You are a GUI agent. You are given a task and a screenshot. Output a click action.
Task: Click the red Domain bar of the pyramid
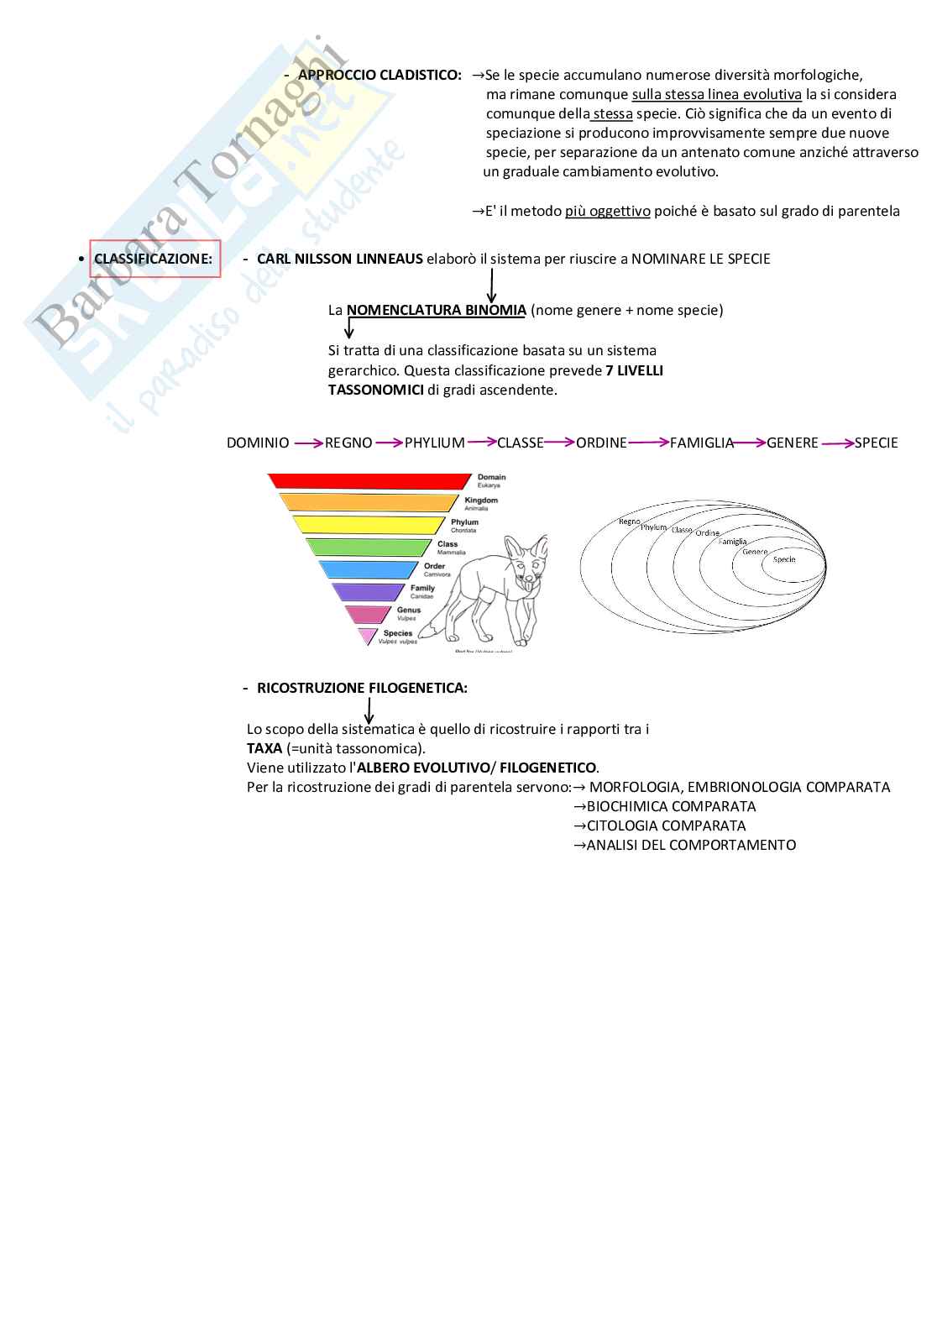pos(369,481)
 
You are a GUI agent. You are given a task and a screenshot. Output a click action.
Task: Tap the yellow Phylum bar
pos(369,526)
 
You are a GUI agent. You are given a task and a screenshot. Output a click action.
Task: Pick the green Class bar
pos(369,548)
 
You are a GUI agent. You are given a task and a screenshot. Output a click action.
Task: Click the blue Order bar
pos(369,569)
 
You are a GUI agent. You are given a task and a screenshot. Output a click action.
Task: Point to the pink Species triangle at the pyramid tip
pos(367,635)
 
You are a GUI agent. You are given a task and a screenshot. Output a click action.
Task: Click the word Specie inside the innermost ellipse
pos(784,559)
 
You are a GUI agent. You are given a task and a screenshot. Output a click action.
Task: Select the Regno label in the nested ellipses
pos(629,521)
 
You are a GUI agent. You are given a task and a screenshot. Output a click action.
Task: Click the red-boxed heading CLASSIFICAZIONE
pos(154,259)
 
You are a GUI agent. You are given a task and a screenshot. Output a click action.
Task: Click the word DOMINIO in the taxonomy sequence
pos(258,443)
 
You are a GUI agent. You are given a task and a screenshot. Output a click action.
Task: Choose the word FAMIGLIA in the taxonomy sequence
pos(702,443)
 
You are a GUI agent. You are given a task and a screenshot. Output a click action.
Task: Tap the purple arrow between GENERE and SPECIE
pos(836,443)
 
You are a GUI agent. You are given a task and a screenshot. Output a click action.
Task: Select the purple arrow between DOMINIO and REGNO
pos(307,443)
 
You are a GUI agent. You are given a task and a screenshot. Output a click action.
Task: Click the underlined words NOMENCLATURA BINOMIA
pos(436,310)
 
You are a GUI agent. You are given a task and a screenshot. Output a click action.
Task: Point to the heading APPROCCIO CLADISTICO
pos(380,76)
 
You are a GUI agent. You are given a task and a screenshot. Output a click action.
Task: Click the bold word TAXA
pos(264,748)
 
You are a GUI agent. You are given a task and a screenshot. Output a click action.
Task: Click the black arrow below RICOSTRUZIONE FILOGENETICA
pos(369,711)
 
